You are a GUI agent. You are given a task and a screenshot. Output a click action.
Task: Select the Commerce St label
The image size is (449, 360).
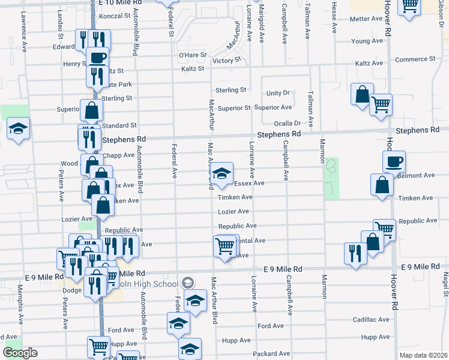point(415,59)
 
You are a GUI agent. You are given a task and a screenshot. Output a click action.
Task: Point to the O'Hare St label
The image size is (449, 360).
point(192,55)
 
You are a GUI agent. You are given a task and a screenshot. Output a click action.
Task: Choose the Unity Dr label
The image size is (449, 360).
point(278,93)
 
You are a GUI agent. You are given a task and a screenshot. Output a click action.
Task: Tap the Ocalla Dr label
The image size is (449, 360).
point(287,123)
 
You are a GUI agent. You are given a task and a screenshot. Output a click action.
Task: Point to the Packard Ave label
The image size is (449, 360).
point(272,354)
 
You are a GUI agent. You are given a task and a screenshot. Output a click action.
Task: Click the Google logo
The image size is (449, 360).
point(20,353)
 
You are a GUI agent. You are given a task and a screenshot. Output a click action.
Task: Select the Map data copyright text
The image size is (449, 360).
point(423,355)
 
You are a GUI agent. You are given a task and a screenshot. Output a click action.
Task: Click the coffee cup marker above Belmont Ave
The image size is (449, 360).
point(394,161)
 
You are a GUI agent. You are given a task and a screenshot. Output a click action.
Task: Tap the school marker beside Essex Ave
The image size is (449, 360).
point(222,175)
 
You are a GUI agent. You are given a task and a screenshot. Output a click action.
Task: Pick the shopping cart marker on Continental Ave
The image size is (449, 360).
point(224,245)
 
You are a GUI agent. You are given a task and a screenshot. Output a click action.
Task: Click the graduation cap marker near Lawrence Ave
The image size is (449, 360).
point(19,128)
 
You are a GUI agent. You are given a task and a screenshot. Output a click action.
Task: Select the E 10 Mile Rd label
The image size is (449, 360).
point(122,3)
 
